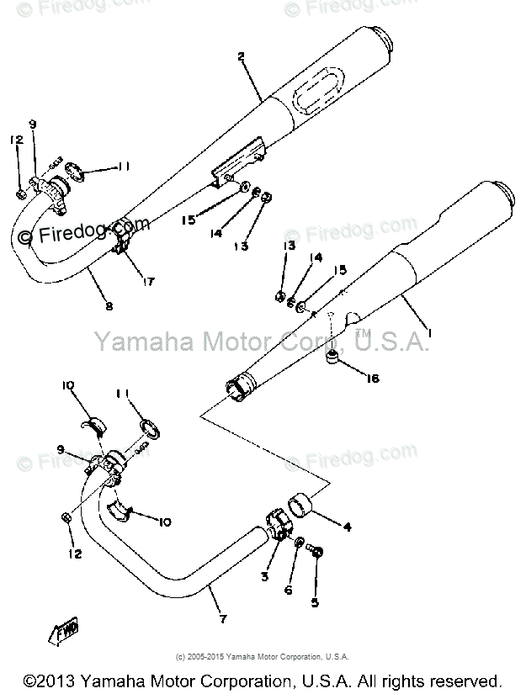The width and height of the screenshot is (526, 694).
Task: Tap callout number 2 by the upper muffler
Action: (x=241, y=57)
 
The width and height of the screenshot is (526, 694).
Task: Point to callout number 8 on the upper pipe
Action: (x=109, y=306)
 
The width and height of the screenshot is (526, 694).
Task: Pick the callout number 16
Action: (x=372, y=379)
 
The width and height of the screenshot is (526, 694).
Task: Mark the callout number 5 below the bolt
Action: (x=316, y=603)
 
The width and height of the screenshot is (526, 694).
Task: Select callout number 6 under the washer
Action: (x=288, y=590)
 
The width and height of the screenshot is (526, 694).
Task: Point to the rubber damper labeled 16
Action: (x=333, y=361)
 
